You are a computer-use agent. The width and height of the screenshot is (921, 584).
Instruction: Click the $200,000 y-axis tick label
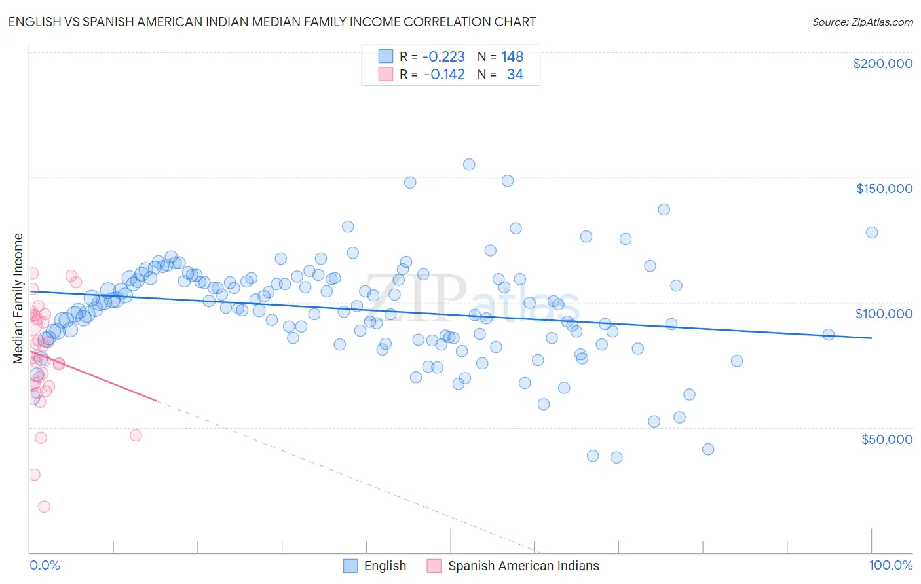882,64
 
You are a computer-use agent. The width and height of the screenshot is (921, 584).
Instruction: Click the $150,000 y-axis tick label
884,189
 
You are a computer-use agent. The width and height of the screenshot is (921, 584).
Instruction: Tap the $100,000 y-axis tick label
884,314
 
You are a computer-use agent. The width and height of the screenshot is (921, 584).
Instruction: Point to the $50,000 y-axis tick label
886,439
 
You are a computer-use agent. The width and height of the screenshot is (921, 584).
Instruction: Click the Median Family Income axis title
18,299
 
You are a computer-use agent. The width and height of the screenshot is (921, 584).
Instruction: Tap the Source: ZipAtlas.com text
862,22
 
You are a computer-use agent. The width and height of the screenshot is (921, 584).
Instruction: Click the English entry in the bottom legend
385,566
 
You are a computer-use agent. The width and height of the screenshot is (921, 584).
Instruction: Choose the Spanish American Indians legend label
523,566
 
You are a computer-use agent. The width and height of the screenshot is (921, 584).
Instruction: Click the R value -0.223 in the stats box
443,56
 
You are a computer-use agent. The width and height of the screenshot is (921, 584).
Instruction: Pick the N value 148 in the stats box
512,56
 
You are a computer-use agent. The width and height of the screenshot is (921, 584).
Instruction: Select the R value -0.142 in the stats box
444,75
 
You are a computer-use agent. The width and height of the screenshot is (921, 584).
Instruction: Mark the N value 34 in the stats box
515,75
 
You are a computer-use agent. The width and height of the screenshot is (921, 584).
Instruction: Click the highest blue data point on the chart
469,164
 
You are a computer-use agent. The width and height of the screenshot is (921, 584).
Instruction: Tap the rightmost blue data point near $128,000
872,232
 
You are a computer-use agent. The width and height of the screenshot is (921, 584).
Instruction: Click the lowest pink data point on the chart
44,506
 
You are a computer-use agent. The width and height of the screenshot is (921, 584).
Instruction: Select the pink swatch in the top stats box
386,75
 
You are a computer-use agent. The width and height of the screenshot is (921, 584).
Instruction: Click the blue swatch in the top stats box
386,56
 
